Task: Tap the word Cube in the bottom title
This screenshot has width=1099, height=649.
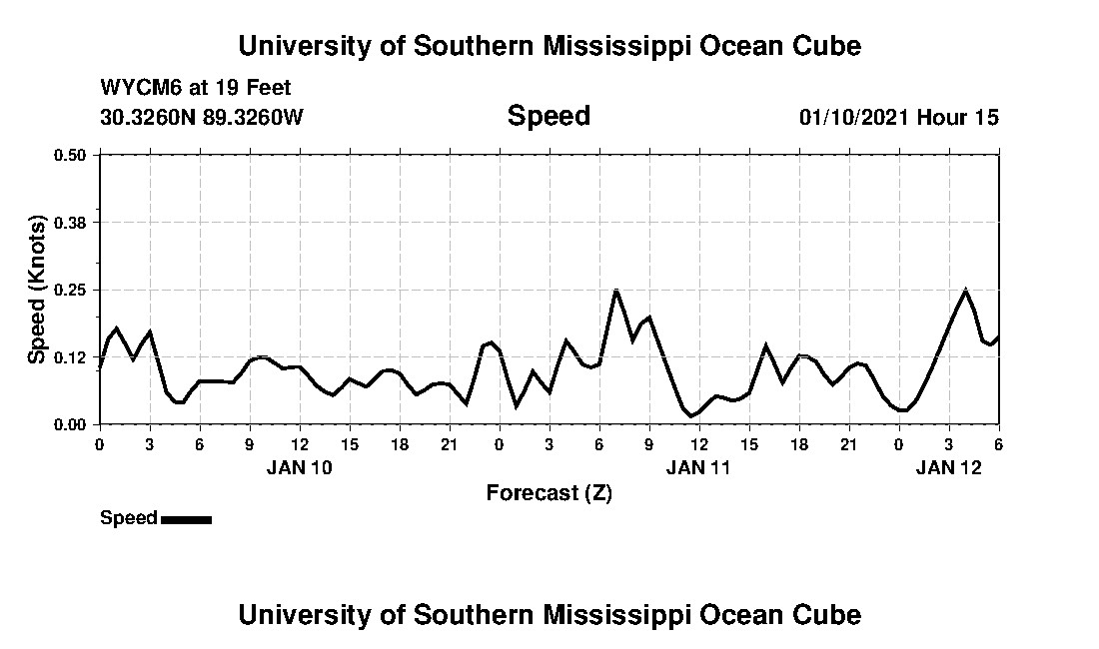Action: coord(825,614)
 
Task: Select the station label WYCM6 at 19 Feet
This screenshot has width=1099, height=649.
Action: coord(196,88)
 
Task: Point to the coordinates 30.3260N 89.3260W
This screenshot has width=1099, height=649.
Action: coord(202,117)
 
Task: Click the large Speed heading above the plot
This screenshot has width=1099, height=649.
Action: coord(549,116)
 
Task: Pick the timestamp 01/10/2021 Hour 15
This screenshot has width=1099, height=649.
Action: coord(898,117)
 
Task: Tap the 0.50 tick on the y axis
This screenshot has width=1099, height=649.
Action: coord(71,155)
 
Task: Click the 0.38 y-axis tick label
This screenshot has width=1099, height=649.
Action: coord(71,222)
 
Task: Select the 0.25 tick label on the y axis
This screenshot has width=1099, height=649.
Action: coord(71,290)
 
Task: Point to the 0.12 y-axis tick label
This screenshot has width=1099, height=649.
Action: coord(71,357)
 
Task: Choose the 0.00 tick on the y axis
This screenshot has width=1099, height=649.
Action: coord(71,424)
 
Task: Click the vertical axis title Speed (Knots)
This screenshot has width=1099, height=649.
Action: coord(37,290)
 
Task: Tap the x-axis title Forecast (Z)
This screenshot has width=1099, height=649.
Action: coord(549,493)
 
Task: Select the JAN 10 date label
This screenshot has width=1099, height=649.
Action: coord(299,466)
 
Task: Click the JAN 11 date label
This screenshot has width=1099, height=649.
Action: coord(698,466)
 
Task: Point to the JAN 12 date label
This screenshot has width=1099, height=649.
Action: coord(948,466)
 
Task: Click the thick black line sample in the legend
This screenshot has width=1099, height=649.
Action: coord(186,519)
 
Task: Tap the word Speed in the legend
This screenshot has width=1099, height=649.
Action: coord(128,518)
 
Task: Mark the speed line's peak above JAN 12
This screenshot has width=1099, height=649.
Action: coord(965,291)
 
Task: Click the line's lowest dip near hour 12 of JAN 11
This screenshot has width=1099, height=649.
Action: coord(691,416)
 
